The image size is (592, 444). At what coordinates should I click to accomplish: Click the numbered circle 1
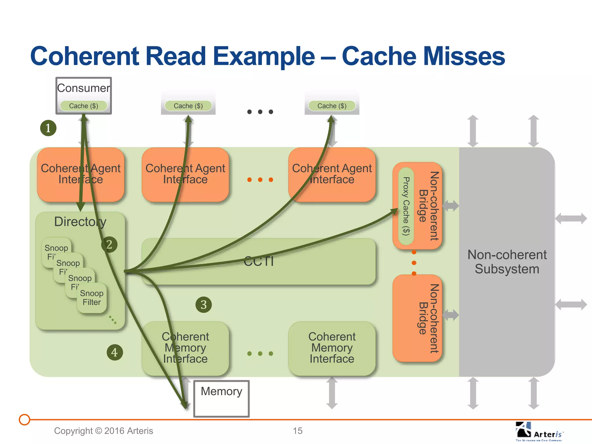(x=48, y=128)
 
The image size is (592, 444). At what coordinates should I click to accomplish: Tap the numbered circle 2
(x=109, y=245)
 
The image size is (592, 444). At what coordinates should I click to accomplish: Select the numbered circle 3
(x=203, y=305)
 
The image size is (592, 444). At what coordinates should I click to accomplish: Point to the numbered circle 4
(x=114, y=352)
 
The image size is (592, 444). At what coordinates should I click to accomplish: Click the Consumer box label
(x=84, y=88)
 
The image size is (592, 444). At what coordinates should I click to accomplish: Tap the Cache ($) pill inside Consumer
(x=84, y=106)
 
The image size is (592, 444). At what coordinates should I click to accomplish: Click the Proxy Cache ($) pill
(x=406, y=206)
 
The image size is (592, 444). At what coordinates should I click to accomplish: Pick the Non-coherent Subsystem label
(x=507, y=262)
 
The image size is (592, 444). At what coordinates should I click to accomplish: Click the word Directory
(x=80, y=222)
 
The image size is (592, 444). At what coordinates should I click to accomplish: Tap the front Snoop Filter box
(x=92, y=298)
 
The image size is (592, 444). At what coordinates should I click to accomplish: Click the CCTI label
(x=258, y=261)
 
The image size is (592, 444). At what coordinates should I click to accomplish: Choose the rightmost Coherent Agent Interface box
(x=332, y=174)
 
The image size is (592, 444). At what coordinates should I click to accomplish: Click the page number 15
(x=297, y=431)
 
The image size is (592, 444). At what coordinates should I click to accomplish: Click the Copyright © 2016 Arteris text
(x=103, y=431)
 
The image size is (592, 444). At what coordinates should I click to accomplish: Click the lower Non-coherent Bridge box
(x=417, y=318)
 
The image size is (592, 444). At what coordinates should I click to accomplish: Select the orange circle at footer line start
(x=25, y=419)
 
